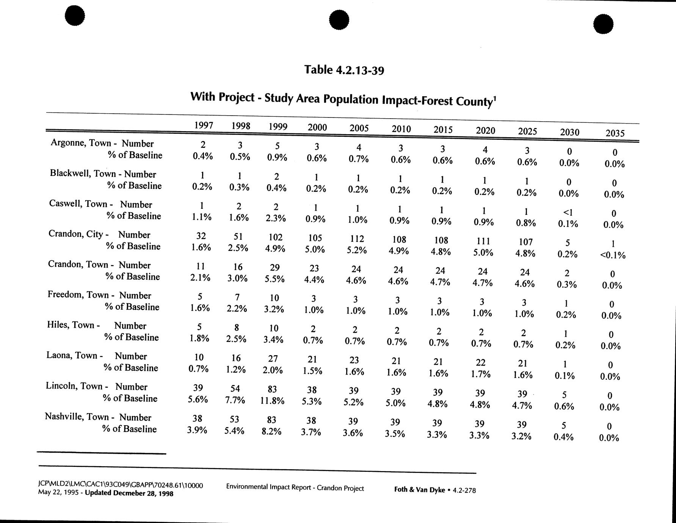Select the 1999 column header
(x=278, y=127)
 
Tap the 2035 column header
(x=615, y=133)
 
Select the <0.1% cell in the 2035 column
(x=612, y=255)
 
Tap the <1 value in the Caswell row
(x=569, y=212)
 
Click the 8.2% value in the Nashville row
(x=271, y=431)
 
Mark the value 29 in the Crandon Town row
(x=275, y=268)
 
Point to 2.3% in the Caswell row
(x=275, y=218)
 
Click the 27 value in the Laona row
(x=273, y=359)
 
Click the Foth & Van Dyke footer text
(x=419, y=490)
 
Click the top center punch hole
(x=339, y=20)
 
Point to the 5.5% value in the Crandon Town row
(x=274, y=279)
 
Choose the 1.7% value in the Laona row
(x=480, y=374)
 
